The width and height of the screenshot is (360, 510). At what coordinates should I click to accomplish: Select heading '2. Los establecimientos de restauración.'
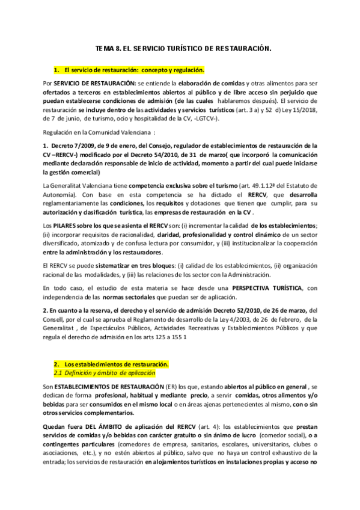tap(111, 365)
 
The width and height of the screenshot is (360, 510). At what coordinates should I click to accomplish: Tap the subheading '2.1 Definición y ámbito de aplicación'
tap(102, 373)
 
